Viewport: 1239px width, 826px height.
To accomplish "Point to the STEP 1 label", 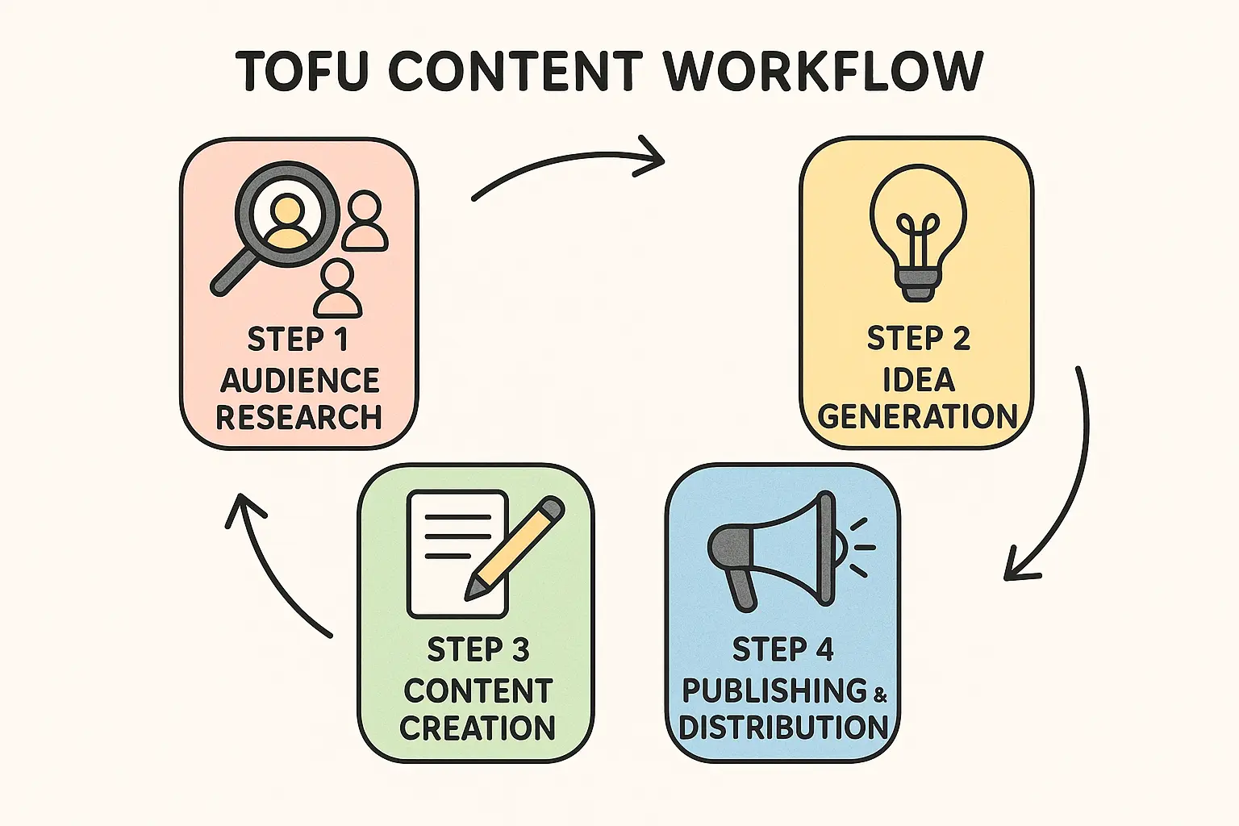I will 298,340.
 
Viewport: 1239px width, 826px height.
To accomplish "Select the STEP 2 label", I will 918,339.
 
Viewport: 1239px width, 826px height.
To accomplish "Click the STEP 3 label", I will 478,649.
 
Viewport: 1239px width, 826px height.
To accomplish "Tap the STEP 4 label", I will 782,649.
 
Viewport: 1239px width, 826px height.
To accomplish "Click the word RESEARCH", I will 298,417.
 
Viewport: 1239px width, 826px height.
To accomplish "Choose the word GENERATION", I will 917,416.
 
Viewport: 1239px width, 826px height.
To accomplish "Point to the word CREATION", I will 478,728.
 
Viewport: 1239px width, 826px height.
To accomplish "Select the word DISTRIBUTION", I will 783,727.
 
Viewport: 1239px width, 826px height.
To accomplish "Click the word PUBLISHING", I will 774,690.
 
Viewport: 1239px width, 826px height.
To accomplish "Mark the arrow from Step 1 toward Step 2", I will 569,165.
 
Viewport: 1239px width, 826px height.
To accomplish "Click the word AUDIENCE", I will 299,380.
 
